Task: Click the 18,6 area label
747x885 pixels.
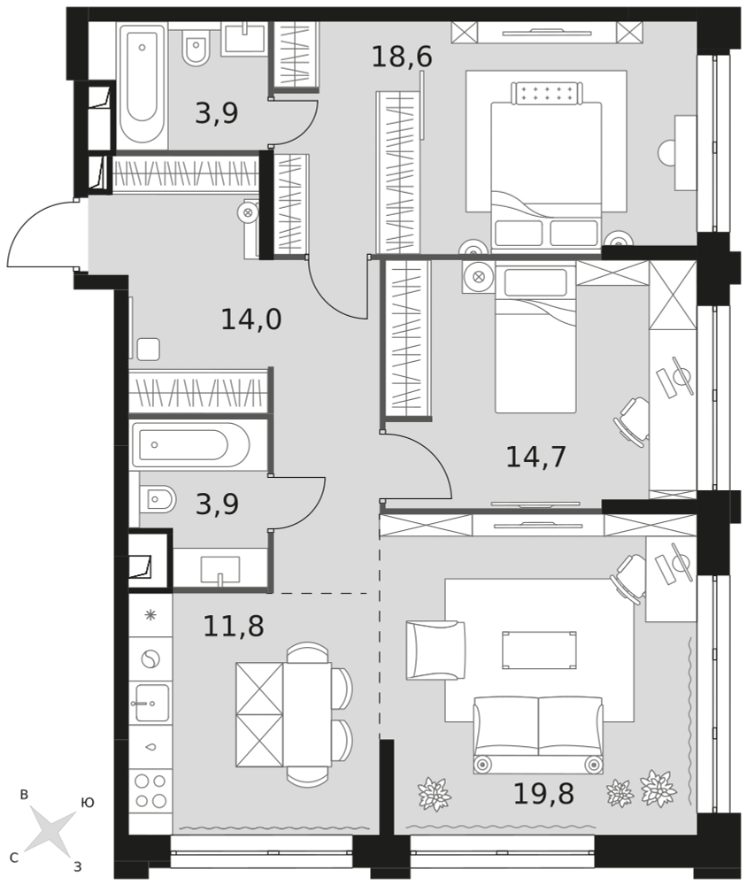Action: pyautogui.click(x=402, y=57)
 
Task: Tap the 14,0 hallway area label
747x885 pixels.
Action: pyautogui.click(x=250, y=319)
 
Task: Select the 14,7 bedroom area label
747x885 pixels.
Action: pyautogui.click(x=535, y=457)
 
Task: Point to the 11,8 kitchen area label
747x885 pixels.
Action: pyautogui.click(x=233, y=626)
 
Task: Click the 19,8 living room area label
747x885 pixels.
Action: pyautogui.click(x=543, y=794)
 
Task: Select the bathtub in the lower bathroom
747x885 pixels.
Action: pyautogui.click(x=189, y=445)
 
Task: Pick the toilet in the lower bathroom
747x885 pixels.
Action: pyautogui.click(x=158, y=499)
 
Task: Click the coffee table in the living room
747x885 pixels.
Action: pyautogui.click(x=539, y=650)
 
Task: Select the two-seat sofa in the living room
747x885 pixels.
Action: pyautogui.click(x=538, y=735)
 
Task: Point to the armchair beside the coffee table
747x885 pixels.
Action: pyautogui.click(x=435, y=650)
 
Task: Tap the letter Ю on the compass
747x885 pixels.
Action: pyautogui.click(x=88, y=802)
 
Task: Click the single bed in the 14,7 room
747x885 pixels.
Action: pyautogui.click(x=535, y=337)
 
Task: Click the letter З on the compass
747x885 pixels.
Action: pyautogui.click(x=78, y=866)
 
